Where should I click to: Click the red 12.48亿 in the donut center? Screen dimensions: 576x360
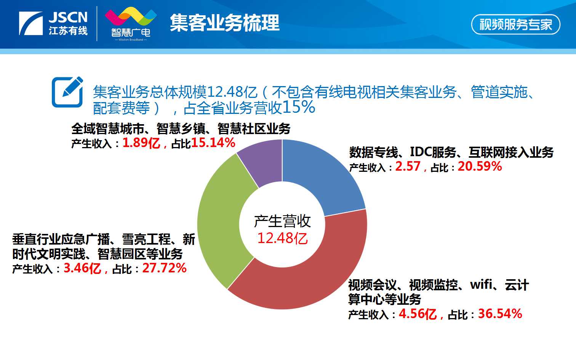coord(282,238)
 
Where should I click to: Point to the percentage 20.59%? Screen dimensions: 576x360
coord(480,166)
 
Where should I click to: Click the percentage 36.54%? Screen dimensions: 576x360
coord(500,314)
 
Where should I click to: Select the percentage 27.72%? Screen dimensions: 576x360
coord(164,268)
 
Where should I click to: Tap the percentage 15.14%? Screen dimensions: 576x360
coord(213,143)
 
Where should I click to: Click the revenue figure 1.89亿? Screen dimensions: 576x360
coord(141,143)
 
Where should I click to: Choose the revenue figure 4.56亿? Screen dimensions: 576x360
coord(418,314)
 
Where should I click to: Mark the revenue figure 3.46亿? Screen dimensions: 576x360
coord(82,268)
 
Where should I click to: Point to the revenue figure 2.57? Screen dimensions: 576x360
coord(408,166)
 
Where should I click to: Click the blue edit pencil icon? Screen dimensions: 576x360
coord(67,92)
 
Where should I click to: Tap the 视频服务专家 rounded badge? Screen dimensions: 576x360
coord(515,24)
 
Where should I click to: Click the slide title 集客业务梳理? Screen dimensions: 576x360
coord(224,23)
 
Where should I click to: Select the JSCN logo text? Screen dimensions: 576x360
coord(68,17)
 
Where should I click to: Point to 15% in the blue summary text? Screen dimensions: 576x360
coord(299,107)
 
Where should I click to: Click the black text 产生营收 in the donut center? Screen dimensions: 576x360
coord(282,221)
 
